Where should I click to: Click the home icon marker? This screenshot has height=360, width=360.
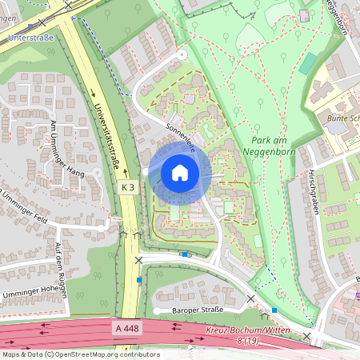(x=180, y=173)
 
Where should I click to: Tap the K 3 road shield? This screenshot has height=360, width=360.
(x=128, y=186)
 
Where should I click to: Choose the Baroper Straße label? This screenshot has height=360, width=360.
(x=190, y=309)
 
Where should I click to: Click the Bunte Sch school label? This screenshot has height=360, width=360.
(x=342, y=118)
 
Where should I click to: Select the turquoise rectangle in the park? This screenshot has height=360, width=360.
(x=308, y=64)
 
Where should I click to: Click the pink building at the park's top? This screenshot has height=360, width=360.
(x=304, y=16)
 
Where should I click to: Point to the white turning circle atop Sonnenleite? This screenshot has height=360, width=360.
(x=182, y=54)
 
